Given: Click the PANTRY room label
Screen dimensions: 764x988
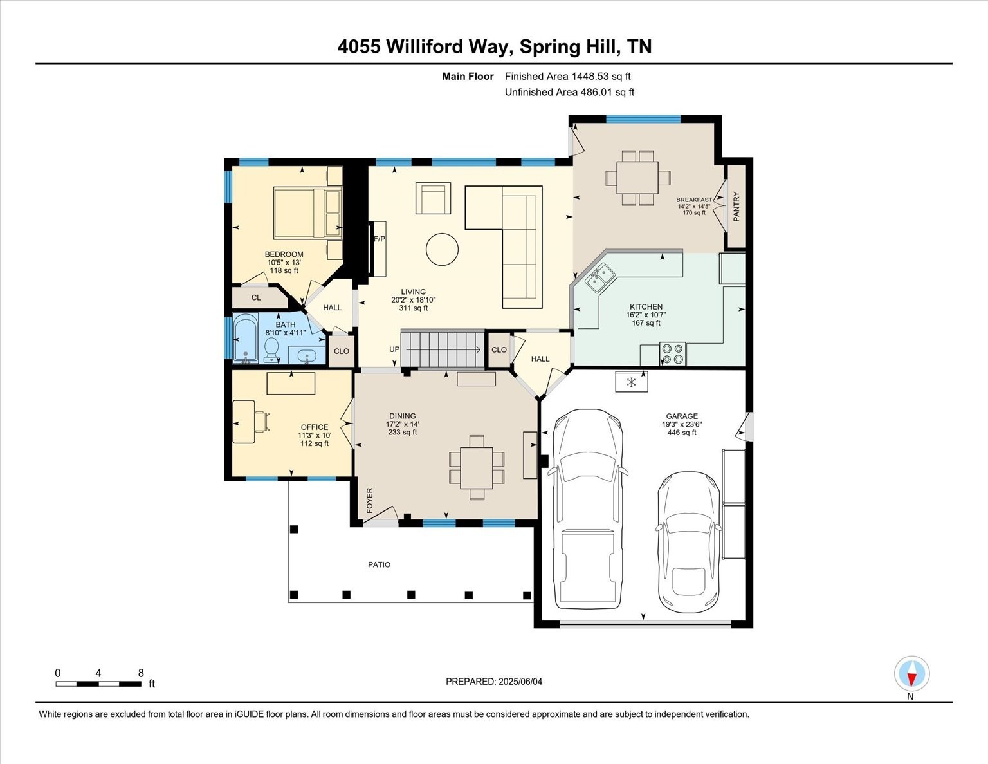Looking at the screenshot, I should click(736, 207).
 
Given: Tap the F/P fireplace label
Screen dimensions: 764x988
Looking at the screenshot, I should click(380, 239).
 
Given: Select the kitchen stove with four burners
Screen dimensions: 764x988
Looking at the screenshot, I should click(673, 354).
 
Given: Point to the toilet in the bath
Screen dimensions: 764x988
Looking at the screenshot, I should click(271, 349).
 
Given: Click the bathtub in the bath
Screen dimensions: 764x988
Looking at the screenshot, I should click(245, 339).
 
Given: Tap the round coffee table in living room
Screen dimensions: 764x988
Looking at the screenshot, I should click(442, 249).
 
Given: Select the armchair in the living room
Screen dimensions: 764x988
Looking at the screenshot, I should click(434, 198).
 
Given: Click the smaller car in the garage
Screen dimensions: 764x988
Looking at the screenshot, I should click(688, 542).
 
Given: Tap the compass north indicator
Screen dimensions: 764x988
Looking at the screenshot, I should click(911, 676).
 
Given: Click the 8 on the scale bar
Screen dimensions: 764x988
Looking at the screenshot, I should click(141, 673).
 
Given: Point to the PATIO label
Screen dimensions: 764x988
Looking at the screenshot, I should click(379, 564).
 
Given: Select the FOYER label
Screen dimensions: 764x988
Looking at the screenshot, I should click(370, 500).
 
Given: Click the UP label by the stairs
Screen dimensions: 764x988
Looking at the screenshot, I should click(394, 349).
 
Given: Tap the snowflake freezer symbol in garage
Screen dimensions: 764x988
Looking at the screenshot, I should click(631, 382).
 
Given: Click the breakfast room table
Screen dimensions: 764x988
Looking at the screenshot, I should click(637, 178).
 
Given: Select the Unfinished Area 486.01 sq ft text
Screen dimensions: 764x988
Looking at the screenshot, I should click(569, 92).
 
